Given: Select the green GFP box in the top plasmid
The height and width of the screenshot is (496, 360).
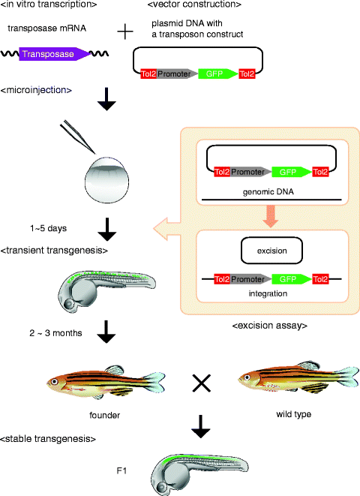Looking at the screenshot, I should point(217,74).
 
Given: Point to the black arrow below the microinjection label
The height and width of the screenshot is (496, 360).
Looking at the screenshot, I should point(107,101).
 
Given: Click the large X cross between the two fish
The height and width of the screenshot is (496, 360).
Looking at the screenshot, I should point(201,383).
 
